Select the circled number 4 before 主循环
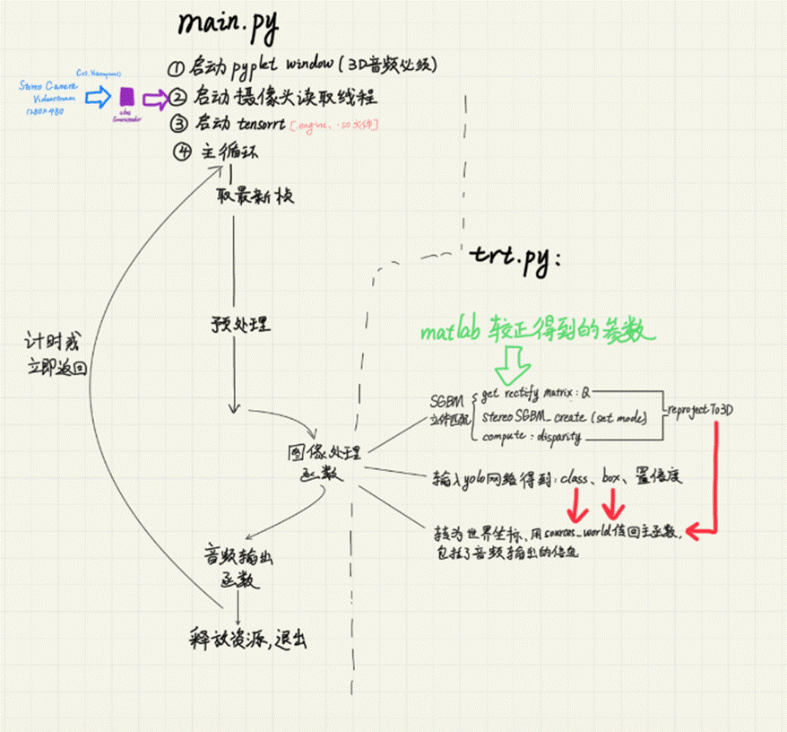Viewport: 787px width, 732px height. coord(183,152)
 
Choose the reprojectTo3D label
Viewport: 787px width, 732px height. coord(700,409)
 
